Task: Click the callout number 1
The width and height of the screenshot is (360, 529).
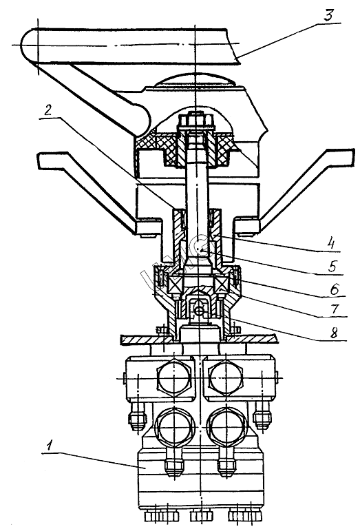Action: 50,446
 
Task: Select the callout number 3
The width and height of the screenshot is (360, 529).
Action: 328,16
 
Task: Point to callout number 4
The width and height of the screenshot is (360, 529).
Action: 332,243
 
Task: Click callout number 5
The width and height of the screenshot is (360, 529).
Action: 332,266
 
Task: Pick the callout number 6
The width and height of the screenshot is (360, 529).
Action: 334,289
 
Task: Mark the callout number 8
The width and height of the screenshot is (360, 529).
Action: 333,332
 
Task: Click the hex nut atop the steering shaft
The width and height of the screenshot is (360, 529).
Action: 195,121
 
